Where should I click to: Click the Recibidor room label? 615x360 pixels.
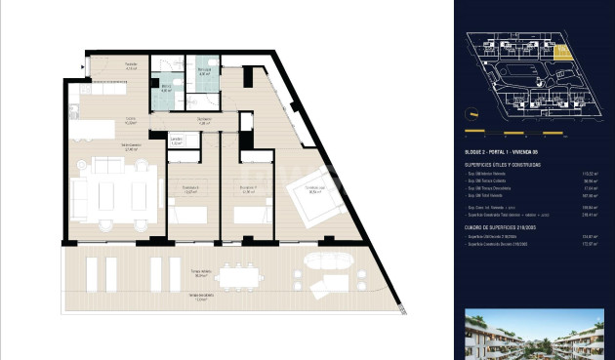pos(130,67)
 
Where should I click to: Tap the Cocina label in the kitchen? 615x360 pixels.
pos(129,122)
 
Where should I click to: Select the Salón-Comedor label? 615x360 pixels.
pos(126,148)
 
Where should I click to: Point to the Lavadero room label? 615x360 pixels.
pos(176,140)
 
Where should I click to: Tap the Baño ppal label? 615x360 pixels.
pos(205,71)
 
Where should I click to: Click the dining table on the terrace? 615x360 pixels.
pos(238,278)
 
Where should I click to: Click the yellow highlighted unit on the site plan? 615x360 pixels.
pos(562,53)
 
